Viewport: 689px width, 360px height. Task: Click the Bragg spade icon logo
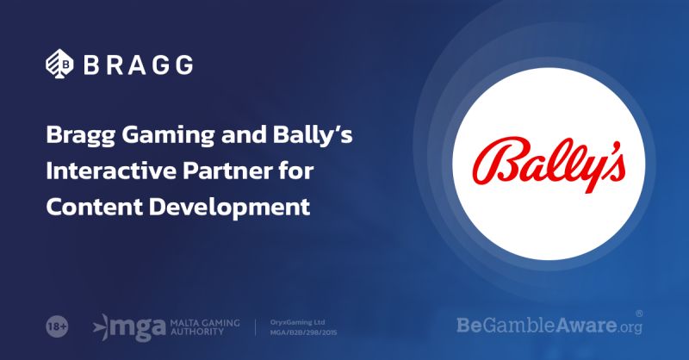pos(59,64)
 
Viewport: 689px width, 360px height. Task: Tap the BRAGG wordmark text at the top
pos(138,65)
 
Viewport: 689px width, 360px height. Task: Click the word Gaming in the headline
pos(168,136)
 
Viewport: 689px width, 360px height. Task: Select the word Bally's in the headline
pos(313,134)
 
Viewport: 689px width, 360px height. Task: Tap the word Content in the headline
pos(94,206)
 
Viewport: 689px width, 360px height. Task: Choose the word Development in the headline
pos(229,208)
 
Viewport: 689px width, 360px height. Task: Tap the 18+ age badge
pos(57,327)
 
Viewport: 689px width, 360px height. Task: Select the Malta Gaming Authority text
pos(205,327)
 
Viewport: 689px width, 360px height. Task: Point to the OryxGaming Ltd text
pos(297,322)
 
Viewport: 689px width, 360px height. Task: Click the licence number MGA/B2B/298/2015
pos(304,332)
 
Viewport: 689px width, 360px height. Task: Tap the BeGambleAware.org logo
pos(549,326)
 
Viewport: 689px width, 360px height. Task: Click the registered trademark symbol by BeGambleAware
pos(639,313)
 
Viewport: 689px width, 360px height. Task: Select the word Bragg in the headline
pos(80,136)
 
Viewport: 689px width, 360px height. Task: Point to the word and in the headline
pos(244,134)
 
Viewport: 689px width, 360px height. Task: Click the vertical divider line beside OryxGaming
pos(255,327)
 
